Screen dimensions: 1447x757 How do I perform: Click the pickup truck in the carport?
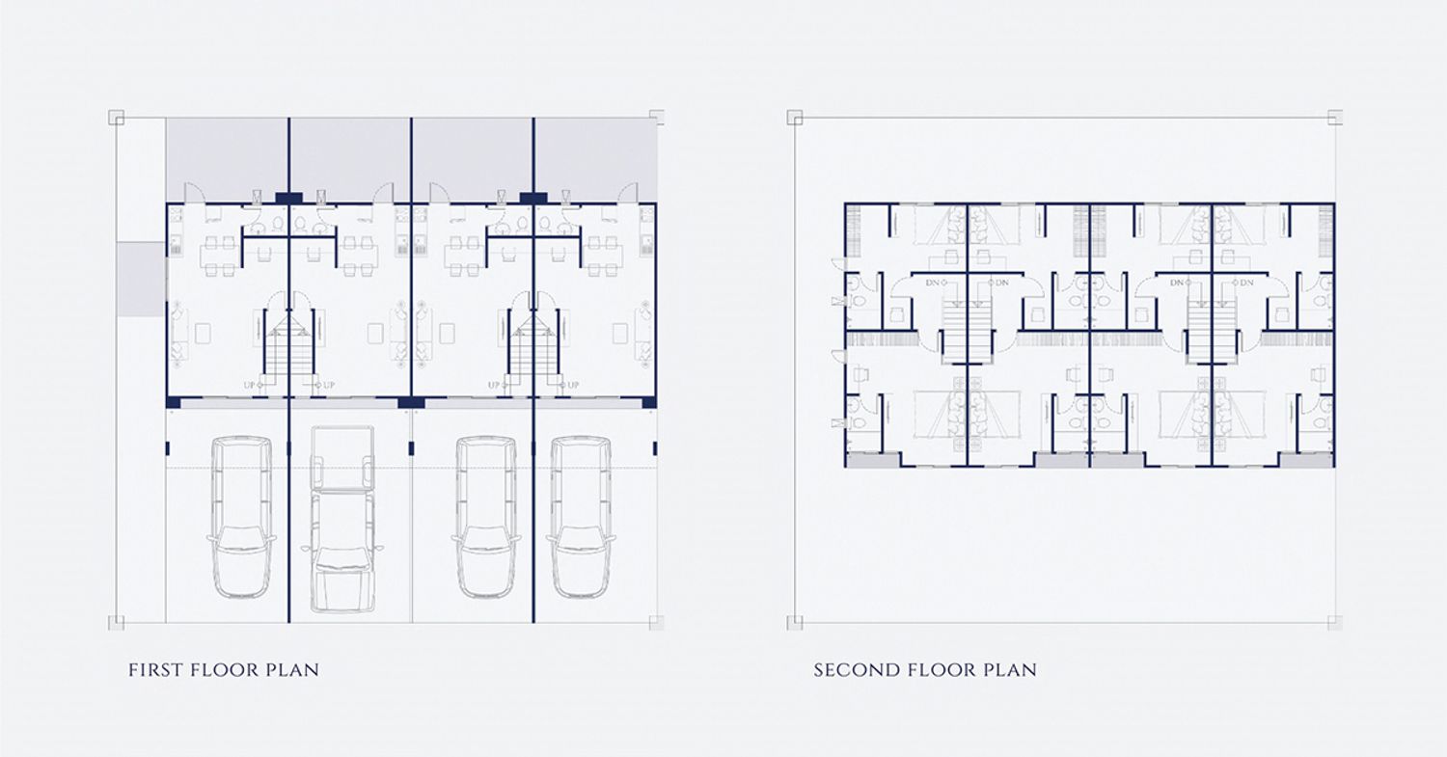coord(342,519)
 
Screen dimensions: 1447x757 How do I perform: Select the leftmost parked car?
coord(241,518)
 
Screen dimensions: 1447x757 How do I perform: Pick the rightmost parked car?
coord(581,518)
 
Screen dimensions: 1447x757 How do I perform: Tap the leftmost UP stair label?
coord(250,386)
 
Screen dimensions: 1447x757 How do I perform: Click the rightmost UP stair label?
coord(573,386)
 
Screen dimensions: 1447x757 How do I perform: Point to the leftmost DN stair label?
coord(932,283)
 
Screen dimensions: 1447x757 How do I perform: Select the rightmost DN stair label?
coord(1246,283)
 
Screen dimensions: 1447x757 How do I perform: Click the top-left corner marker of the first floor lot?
coord(117,117)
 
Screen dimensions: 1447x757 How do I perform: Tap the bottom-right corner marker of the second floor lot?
coord(1334,623)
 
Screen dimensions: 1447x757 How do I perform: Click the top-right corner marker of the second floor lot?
coord(1334,117)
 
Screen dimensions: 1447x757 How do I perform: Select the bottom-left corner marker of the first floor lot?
coord(117,623)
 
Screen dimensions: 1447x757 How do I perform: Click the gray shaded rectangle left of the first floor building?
coord(141,280)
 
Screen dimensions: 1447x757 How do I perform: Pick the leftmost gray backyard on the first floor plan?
coord(228,159)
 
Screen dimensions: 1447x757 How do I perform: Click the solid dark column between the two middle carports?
coord(411,402)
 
